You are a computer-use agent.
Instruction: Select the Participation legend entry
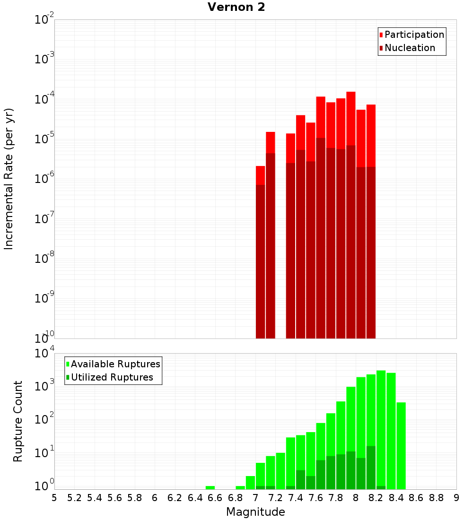414,35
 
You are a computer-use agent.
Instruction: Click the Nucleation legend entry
409,48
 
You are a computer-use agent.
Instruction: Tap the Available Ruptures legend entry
115,364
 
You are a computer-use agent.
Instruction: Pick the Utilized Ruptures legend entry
112,377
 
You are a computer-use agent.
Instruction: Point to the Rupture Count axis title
18,421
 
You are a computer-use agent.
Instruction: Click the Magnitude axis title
255,511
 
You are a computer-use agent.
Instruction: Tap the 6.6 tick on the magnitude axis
215,497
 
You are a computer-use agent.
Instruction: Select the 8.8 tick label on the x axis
436,497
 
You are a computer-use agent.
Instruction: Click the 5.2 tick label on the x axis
75,497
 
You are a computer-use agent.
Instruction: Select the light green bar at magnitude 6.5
210,487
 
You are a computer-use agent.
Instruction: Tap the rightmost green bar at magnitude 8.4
401,444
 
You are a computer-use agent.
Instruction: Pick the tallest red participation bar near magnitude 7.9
350,118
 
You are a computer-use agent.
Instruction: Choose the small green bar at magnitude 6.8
240,487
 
